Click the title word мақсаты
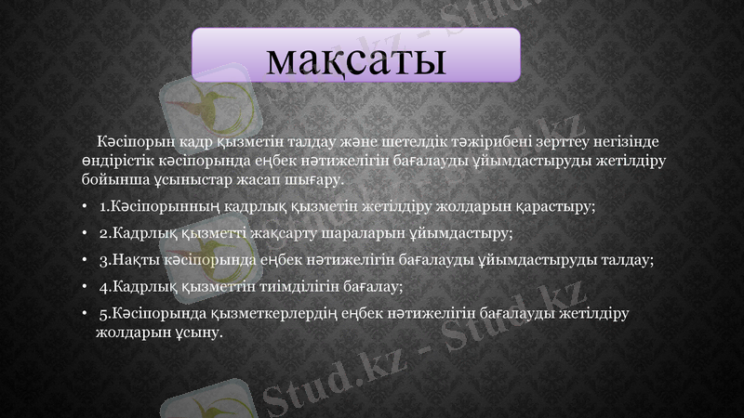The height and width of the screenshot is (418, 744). (x=354, y=57)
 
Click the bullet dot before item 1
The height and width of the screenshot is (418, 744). (x=85, y=206)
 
